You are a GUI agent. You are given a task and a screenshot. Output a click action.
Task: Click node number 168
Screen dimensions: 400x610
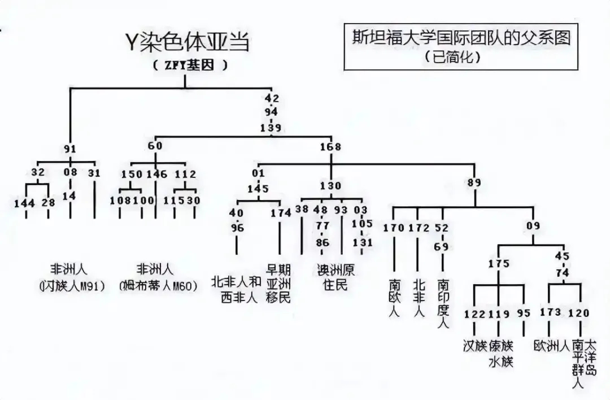tap(330, 147)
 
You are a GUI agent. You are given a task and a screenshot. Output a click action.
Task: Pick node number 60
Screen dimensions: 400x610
tap(155, 146)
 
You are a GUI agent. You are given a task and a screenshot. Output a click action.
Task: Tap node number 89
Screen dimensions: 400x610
tap(474, 182)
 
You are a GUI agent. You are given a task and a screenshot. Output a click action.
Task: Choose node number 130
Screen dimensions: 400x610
tap(330, 186)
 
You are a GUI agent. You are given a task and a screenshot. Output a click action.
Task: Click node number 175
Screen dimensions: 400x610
tap(499, 264)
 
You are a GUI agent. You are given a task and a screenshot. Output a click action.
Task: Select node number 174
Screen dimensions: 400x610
tap(280, 213)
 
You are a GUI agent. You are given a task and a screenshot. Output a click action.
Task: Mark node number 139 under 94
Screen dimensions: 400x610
tap(271, 128)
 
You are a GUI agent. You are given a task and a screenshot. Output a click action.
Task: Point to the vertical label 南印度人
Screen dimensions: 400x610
tap(443, 302)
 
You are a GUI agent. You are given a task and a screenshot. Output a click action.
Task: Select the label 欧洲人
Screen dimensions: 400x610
tap(551, 345)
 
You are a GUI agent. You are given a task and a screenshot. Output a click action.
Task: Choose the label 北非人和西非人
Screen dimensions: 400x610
tap(236, 289)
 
